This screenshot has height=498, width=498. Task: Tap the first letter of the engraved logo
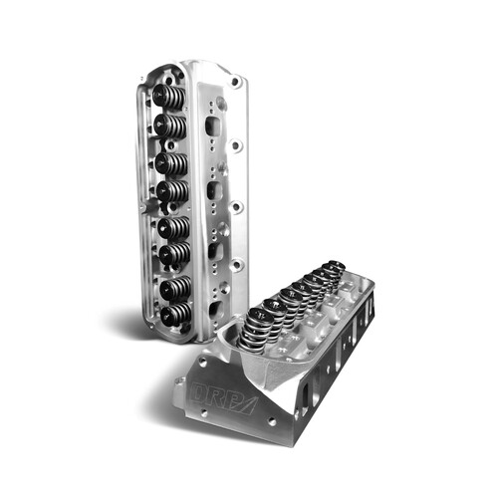[x=200, y=390]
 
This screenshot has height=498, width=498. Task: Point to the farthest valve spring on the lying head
[x=337, y=268]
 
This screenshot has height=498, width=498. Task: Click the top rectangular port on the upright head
[x=211, y=126]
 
